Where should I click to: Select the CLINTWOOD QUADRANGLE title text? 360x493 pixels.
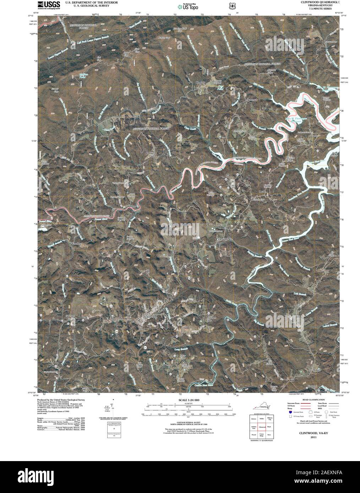[x=320, y=2]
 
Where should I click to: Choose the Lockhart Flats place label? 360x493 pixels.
[x=212, y=318]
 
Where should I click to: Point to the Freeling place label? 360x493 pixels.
[x=76, y=244]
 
